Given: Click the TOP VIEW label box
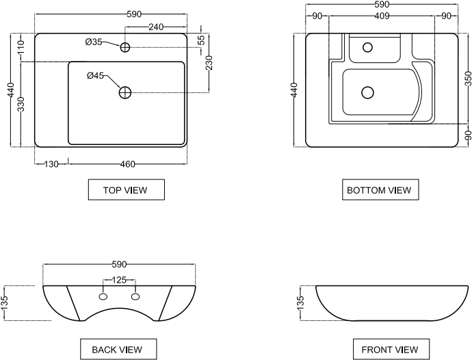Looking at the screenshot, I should [127, 190].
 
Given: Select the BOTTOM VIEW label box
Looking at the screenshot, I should [380, 190].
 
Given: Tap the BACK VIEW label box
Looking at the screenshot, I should [118, 349].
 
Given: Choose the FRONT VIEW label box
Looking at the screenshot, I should [390, 349].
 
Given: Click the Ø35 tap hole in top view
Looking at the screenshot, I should [125, 47].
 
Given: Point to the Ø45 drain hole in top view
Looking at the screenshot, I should [125, 92].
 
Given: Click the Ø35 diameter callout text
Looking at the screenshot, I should [94, 42].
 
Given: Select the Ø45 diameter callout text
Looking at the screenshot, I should [95, 75].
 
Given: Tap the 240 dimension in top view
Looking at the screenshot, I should [157, 27].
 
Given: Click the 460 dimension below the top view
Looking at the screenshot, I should [127, 164].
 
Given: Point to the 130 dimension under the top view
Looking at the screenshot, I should [51, 164].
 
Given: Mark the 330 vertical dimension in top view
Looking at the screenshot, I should [21, 105].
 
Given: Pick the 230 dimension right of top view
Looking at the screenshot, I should [209, 64].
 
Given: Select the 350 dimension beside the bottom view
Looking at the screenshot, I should [468, 78].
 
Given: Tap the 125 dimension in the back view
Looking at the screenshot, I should [119, 280].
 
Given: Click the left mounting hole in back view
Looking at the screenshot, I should [103, 297].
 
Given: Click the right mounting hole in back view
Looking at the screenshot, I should [135, 297].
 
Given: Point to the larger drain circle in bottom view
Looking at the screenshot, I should [368, 91].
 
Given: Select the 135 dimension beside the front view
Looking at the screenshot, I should [300, 303].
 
